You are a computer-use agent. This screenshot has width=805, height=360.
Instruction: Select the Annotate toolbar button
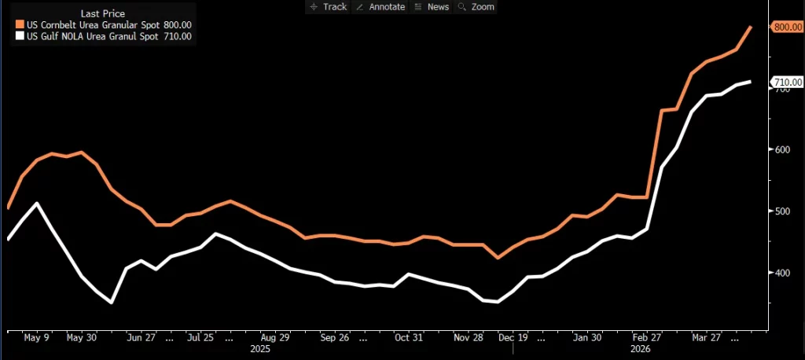[380, 6]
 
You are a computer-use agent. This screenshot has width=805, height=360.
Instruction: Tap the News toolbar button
[432, 6]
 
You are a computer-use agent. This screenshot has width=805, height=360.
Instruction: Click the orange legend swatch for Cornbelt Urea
[20, 25]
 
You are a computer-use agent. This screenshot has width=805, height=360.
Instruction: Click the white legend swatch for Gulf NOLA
[20, 35]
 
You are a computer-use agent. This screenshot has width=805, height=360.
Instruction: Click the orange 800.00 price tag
[787, 27]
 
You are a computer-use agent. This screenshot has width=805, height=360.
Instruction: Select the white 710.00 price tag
[787, 82]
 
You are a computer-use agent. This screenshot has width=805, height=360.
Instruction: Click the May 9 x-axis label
[36, 337]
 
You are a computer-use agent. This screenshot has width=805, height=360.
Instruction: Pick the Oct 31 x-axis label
[409, 337]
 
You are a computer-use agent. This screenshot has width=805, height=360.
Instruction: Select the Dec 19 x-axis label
[513, 337]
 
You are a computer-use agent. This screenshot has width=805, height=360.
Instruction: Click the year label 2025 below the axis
[260, 347]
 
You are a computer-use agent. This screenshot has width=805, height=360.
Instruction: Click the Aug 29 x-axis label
[274, 337]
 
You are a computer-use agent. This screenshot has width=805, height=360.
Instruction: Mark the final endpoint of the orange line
[751, 27]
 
